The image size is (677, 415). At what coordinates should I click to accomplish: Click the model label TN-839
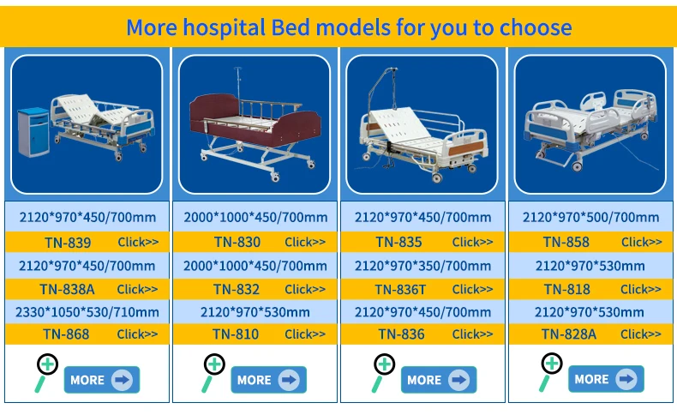pos(68,243)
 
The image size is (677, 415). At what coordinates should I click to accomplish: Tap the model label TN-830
pos(237,243)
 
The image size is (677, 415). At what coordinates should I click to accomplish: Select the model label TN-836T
pos(400,289)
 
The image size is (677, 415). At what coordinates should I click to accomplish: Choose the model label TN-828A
pos(569,334)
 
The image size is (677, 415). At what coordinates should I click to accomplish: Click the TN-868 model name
pos(66,334)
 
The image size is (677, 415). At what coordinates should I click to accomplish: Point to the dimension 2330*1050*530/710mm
pos(87,312)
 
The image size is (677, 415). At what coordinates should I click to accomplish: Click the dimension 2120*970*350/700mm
pos(422,266)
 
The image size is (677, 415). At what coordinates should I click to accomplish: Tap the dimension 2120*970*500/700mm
pos(590,217)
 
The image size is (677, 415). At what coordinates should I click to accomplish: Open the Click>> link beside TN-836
pos(472,334)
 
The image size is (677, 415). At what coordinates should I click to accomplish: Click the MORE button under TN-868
pos(102,380)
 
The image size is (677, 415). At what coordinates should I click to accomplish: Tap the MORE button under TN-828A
pos(606,379)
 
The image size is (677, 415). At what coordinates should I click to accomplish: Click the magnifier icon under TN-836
pos(383,372)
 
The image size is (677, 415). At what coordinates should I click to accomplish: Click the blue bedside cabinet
pos(33,132)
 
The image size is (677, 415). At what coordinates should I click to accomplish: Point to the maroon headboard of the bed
pos(213,113)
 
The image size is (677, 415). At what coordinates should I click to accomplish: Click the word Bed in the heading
pos(291,27)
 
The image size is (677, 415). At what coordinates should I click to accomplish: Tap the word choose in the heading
pos(536,27)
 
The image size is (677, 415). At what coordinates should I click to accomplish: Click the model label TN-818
pos(567,289)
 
